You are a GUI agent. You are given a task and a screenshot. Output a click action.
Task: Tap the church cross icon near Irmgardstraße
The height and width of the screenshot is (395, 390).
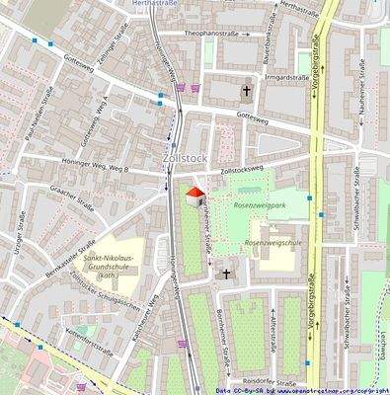[x=246, y=92]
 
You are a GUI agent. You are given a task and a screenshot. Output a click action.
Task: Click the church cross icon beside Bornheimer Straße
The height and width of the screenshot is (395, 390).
[x=226, y=274]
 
